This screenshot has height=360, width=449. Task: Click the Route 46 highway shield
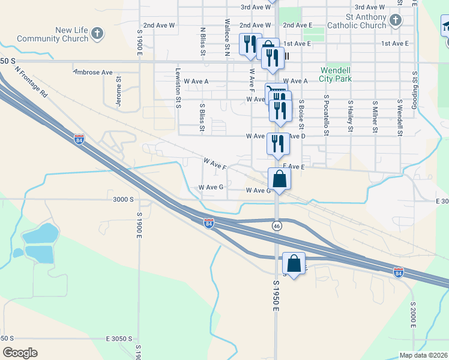click(276, 226)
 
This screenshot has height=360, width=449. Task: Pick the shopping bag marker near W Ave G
click(279, 179)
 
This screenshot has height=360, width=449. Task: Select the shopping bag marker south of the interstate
click(294, 264)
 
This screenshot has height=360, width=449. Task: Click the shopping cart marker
click(276, 93)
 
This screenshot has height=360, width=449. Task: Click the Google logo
click(19, 353)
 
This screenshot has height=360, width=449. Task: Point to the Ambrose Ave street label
click(93, 72)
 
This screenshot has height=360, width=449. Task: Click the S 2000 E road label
click(414, 316)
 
